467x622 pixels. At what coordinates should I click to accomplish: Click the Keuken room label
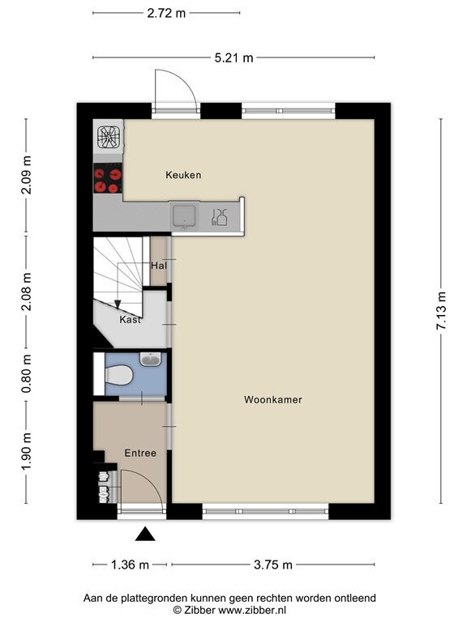pos(183,175)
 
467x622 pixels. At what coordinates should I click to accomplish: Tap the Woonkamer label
pos(272,399)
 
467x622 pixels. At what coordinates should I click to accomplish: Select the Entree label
pos(140,453)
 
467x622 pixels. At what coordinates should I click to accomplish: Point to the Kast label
pos(131,319)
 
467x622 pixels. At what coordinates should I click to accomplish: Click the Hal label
pos(159,266)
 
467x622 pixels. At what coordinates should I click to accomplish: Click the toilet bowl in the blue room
pos(118,375)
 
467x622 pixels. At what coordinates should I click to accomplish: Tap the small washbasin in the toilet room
pos(151,359)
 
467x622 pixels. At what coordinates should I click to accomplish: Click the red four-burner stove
pos(108,178)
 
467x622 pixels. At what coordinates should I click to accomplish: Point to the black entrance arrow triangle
pos(145,534)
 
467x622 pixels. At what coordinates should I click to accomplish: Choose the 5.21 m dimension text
pos(233,58)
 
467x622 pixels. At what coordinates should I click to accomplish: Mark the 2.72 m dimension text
pos(166,13)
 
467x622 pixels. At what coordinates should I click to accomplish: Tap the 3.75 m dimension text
pos(273,564)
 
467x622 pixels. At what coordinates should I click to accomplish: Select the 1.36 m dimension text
pos(130,564)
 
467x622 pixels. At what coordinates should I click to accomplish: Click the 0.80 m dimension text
pos(26,373)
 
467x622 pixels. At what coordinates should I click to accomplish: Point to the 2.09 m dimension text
pos(26,175)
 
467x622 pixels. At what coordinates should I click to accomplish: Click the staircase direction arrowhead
pos(117,304)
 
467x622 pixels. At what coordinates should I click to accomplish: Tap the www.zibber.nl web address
pos(252,610)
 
